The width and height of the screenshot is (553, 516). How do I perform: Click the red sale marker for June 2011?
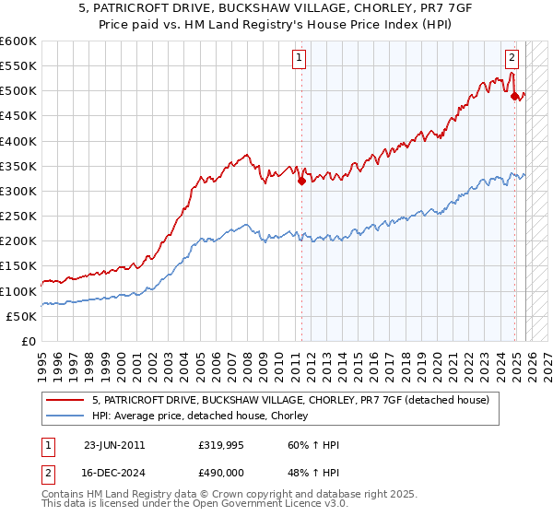click(x=301, y=182)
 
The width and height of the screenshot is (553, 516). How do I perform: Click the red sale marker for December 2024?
click(x=514, y=96)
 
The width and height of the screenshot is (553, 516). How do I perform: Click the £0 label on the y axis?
click(x=29, y=341)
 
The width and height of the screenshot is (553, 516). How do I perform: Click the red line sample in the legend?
click(x=66, y=401)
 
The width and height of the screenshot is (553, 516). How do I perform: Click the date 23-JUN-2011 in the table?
click(x=114, y=445)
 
